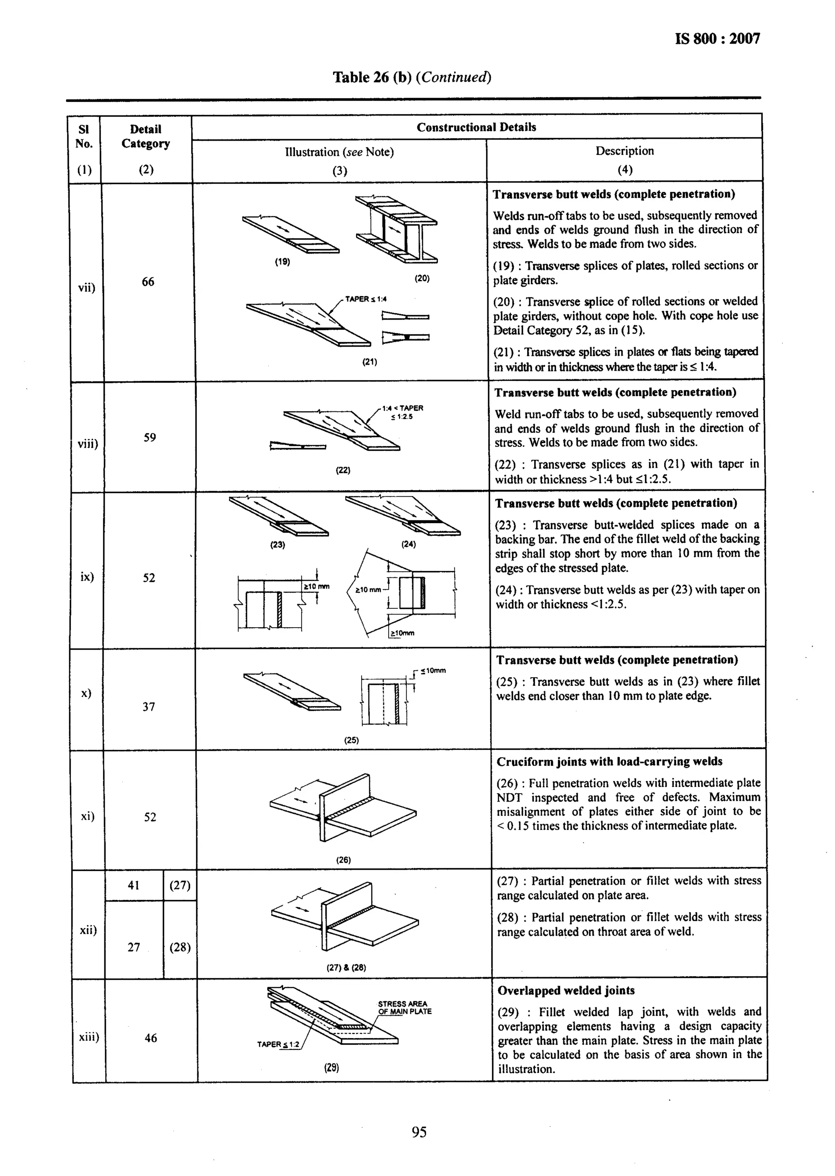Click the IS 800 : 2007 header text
coord(717,39)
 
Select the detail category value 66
coord(148,282)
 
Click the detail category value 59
coord(150,438)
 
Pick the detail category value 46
coord(150,1038)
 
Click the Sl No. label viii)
coord(87,443)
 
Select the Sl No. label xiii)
coord(89,1038)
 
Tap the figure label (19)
coord(282,262)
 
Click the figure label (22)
coord(343,470)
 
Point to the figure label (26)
coord(343,860)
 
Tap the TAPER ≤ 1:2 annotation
coord(278,1044)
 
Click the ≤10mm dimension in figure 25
coord(433,670)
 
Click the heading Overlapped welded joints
coord(566,990)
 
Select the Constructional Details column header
coord(476,127)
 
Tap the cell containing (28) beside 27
coord(180,947)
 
